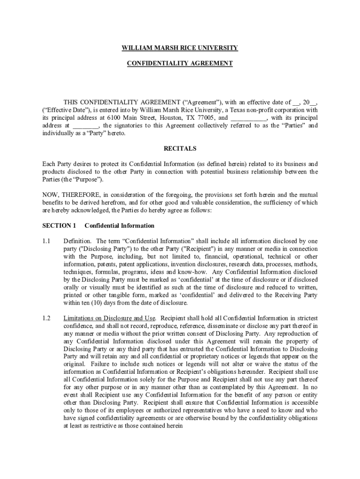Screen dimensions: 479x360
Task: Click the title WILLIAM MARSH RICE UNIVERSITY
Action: [x=180, y=48]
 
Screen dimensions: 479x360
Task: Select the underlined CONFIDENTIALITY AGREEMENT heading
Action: [x=180, y=63]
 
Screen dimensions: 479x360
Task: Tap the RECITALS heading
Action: [x=180, y=149]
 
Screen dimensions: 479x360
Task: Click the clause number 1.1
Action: [x=46, y=241]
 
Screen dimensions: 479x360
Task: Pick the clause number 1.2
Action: [x=46, y=318]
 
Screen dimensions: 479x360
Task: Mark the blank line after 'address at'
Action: [x=86, y=126]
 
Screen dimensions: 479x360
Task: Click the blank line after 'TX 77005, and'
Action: [x=249, y=118]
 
